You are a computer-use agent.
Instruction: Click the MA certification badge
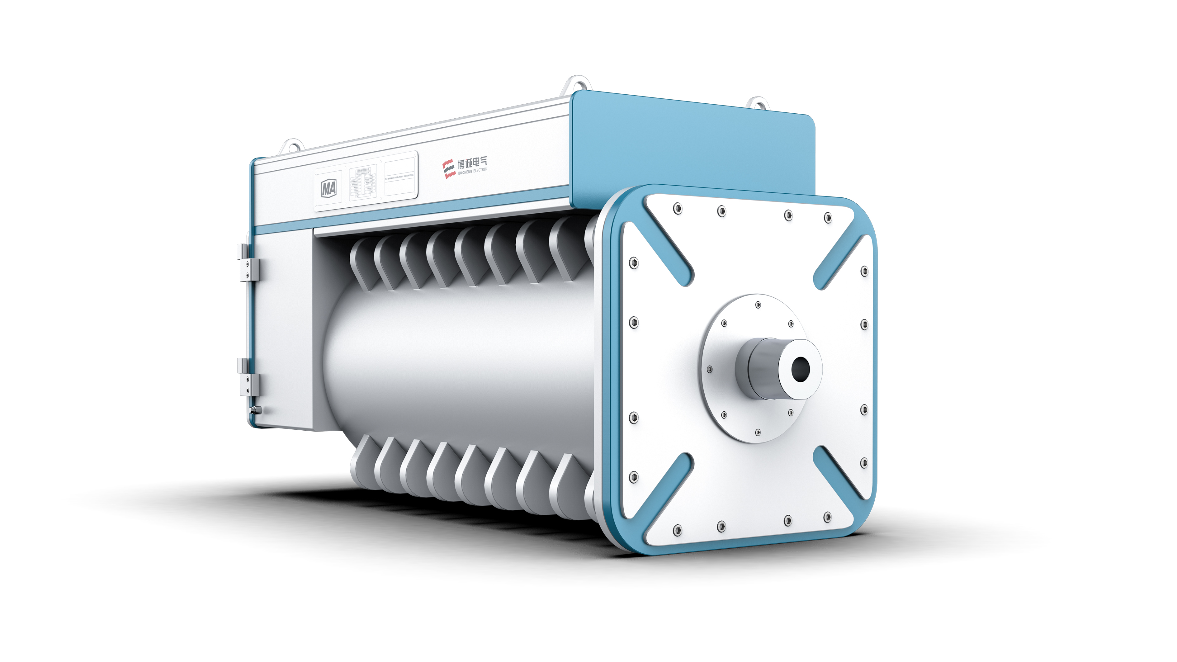(329, 188)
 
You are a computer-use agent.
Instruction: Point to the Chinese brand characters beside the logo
(472, 162)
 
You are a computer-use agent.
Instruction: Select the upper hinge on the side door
(248, 264)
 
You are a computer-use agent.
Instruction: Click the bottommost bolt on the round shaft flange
(758, 432)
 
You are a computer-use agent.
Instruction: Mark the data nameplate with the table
(363, 183)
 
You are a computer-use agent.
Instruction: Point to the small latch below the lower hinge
(255, 410)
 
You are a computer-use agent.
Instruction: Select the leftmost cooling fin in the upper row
(361, 265)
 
